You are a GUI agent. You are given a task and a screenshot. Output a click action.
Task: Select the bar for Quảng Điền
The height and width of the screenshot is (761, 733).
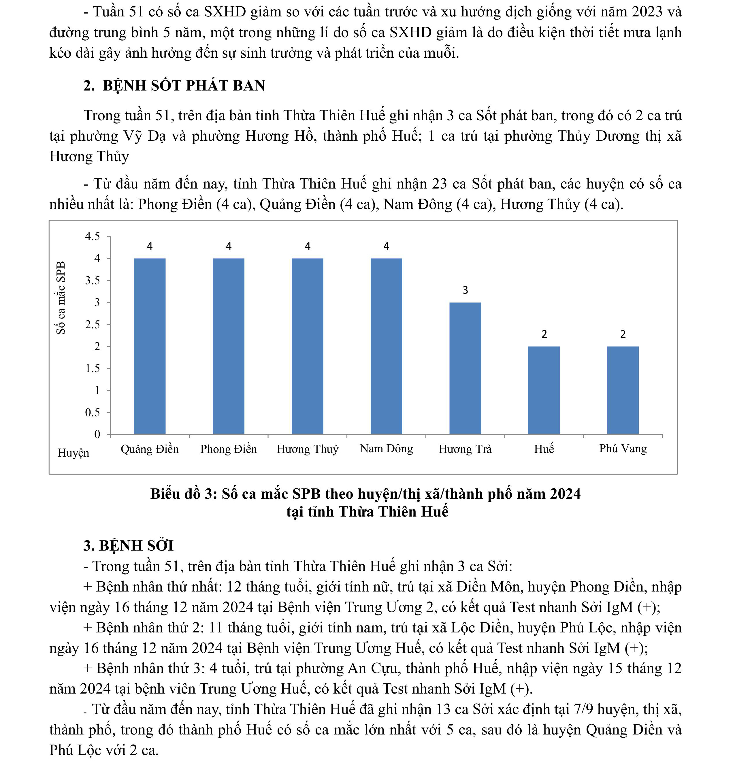[x=150, y=346]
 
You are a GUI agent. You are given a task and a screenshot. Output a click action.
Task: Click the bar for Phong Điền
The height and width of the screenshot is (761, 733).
[x=228, y=346]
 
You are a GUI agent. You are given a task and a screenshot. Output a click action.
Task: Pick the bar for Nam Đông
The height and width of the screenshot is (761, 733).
[x=386, y=346]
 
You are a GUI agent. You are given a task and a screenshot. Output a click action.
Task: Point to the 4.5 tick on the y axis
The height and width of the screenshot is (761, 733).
[x=93, y=236]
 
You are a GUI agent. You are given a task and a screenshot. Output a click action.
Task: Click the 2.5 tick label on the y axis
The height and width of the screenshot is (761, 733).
[x=93, y=325]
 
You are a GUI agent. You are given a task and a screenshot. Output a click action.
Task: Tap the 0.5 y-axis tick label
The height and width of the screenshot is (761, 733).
[x=93, y=412]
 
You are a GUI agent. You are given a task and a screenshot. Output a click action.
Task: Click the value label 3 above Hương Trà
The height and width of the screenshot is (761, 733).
[x=465, y=290]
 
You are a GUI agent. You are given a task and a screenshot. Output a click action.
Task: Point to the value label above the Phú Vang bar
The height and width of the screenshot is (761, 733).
[x=623, y=334]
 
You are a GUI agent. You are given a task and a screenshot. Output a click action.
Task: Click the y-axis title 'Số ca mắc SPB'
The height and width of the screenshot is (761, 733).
[x=61, y=297]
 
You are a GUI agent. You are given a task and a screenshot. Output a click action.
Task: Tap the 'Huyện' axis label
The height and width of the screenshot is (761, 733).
[x=74, y=453]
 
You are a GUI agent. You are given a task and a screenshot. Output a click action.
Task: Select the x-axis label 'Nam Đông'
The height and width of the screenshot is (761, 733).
[x=386, y=449]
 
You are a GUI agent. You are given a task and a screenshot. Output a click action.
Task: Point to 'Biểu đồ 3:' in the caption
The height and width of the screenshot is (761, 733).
[x=184, y=494]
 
